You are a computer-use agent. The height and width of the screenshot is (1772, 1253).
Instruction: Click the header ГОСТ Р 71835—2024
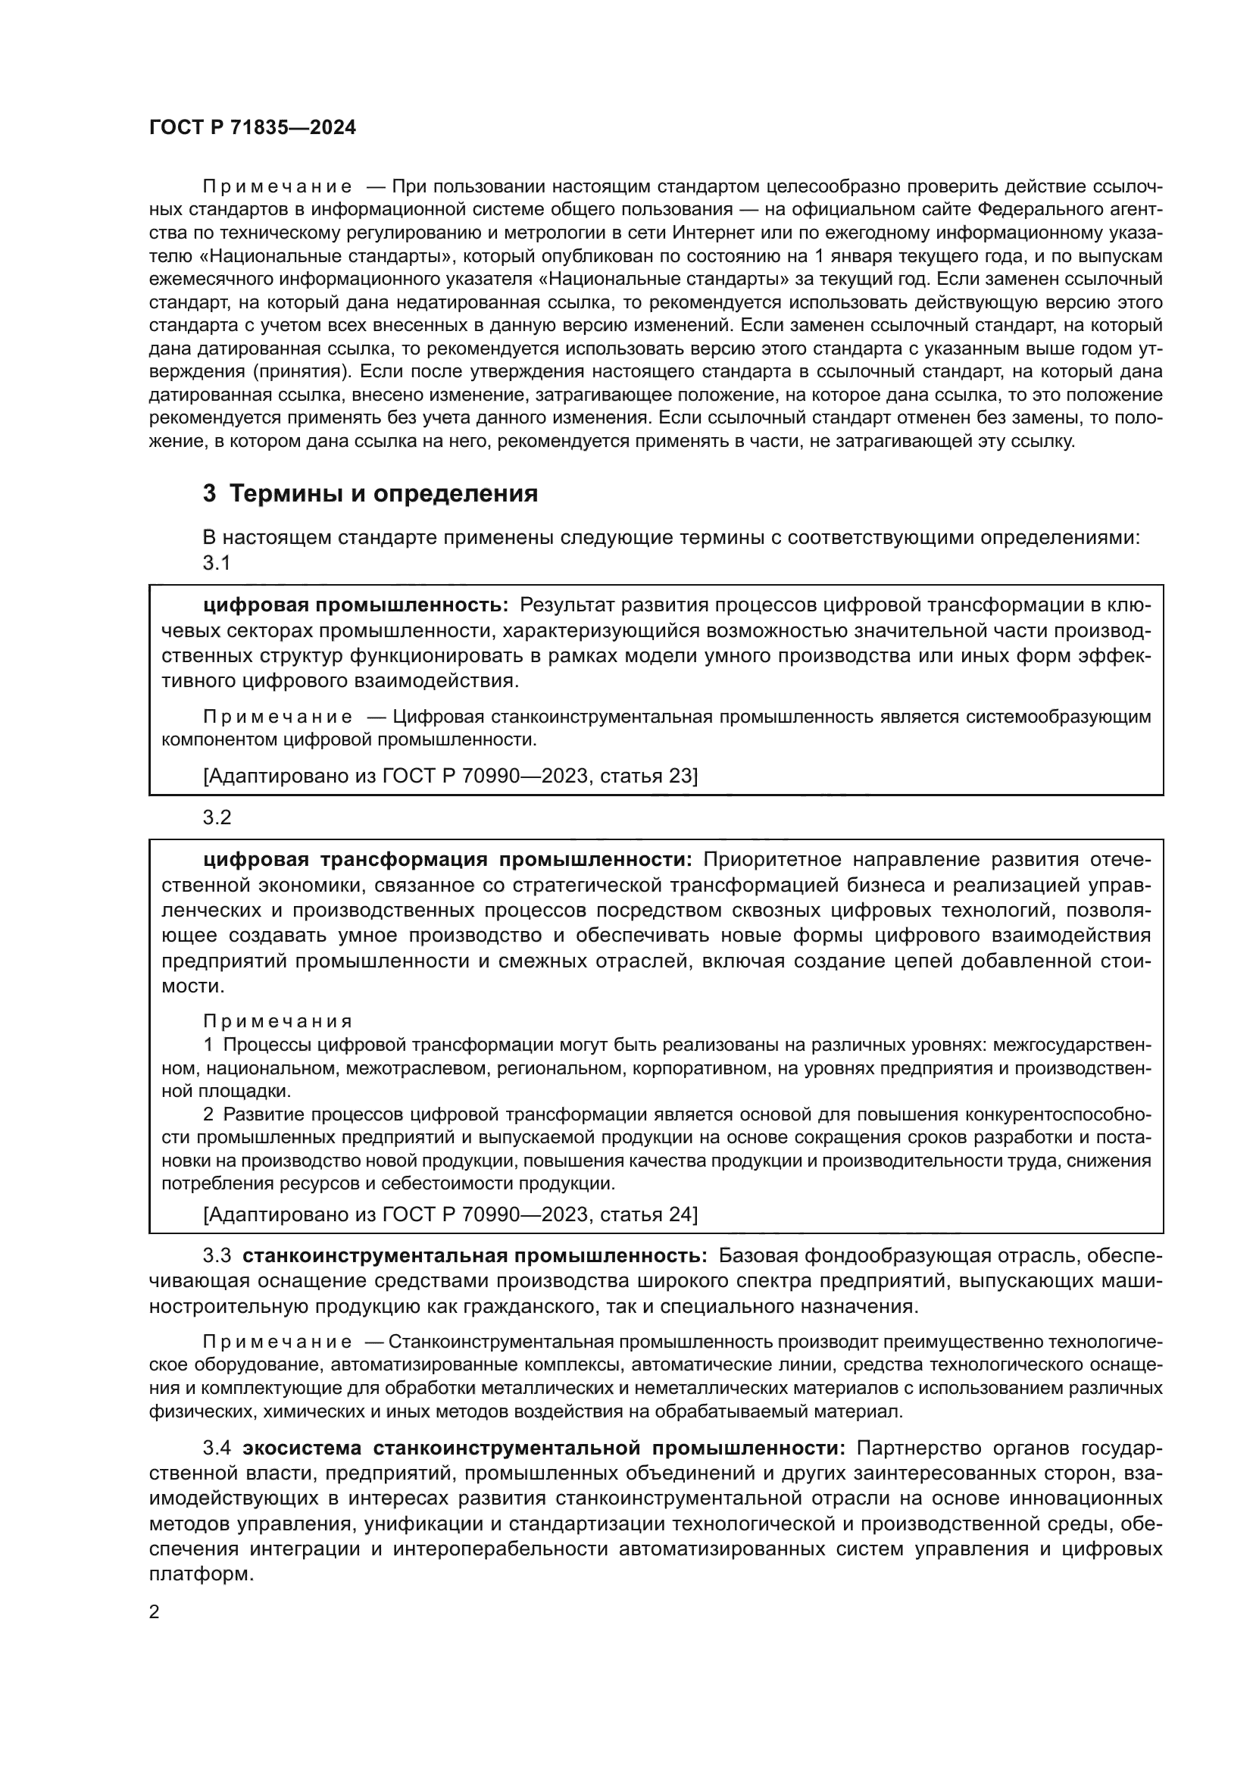252,128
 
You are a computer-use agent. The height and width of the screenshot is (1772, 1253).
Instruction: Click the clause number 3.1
217,563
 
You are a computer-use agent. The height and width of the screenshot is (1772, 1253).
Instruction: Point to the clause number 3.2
217,817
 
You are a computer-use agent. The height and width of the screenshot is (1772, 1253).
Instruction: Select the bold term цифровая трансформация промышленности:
448,860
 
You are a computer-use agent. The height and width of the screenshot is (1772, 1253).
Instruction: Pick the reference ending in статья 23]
451,776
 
